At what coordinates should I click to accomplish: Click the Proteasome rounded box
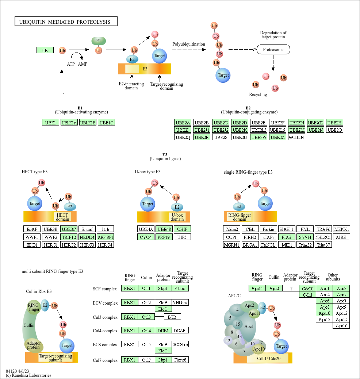273,49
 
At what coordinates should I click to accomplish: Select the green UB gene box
45,50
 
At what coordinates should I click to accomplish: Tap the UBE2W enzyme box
259,137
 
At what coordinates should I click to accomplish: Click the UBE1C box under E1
107,123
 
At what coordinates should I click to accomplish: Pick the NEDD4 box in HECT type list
87,237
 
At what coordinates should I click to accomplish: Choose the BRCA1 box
250,245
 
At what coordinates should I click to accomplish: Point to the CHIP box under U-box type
182,229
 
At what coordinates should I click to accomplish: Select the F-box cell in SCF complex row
180,289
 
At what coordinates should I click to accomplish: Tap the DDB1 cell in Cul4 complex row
163,330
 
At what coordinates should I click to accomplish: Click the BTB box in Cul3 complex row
172,317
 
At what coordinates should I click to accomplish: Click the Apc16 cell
341,326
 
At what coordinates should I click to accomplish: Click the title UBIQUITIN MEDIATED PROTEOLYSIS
66,22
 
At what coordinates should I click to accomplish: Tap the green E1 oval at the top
98,41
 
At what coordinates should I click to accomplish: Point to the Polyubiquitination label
189,44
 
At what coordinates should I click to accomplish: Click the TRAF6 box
323,229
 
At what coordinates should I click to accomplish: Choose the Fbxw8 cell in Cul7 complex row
180,360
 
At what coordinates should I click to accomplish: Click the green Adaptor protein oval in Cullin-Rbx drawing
34,345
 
